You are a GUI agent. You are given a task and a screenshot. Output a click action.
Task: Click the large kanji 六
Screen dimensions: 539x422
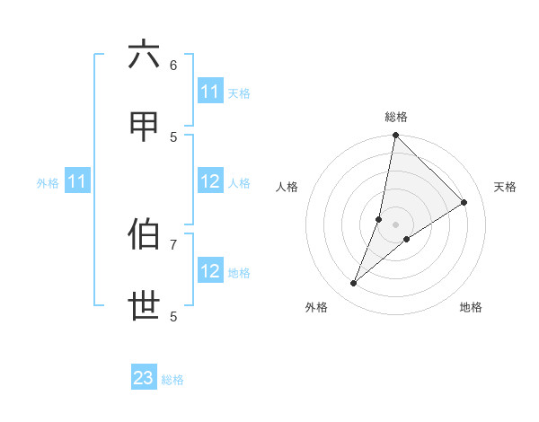pos(144,55)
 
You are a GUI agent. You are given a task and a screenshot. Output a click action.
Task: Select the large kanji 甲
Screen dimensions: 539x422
pos(144,127)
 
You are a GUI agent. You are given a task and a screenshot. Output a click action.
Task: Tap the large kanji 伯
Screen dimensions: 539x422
pos(144,234)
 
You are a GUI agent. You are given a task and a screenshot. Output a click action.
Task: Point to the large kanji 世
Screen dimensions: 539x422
pos(144,307)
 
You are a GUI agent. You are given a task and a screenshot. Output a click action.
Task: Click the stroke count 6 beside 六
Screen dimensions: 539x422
pos(173,65)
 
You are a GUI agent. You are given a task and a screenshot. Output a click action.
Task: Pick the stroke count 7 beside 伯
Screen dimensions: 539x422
pos(173,243)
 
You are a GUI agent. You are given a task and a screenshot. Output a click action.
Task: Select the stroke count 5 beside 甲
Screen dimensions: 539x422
pos(173,136)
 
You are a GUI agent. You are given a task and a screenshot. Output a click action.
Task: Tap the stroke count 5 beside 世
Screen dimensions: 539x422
pos(173,316)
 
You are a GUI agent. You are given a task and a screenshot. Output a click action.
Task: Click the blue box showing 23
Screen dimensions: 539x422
pos(144,378)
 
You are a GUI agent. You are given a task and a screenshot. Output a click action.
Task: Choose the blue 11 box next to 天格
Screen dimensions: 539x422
pos(210,92)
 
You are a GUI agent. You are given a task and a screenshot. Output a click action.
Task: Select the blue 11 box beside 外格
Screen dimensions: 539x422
pos(77,181)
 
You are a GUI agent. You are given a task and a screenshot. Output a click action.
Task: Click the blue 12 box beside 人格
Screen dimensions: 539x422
pos(210,181)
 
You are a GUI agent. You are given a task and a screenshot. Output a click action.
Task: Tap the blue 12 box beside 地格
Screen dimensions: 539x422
pos(210,271)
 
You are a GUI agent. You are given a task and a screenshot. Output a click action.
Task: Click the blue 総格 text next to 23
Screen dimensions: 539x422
pos(172,380)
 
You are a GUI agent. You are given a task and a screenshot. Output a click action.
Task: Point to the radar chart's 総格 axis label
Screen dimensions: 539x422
pos(396,117)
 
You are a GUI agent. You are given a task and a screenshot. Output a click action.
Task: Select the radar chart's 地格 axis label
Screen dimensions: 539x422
pos(471,307)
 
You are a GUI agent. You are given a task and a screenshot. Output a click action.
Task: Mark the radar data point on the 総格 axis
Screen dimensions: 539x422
pos(395,136)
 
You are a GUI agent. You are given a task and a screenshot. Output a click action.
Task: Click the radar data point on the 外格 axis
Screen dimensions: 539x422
pos(354,284)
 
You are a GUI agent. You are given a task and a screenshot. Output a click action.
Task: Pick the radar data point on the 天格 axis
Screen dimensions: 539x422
pos(464,203)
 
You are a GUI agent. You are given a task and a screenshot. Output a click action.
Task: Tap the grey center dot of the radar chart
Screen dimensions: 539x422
pos(395,224)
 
